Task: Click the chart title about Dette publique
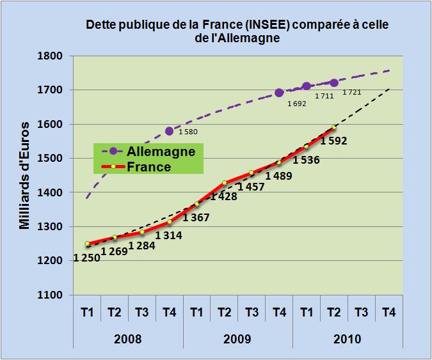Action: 237,31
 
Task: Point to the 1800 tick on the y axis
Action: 49,56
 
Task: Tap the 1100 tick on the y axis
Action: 49,295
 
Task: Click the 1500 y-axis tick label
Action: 49,159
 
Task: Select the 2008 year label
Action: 129,338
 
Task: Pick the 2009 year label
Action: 238,338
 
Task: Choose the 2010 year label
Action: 348,338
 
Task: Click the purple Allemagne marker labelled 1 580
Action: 170,131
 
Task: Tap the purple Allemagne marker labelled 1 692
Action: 279,93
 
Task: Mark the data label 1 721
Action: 352,93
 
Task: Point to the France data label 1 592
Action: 333,141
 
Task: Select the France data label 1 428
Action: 223,196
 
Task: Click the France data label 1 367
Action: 196,218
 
